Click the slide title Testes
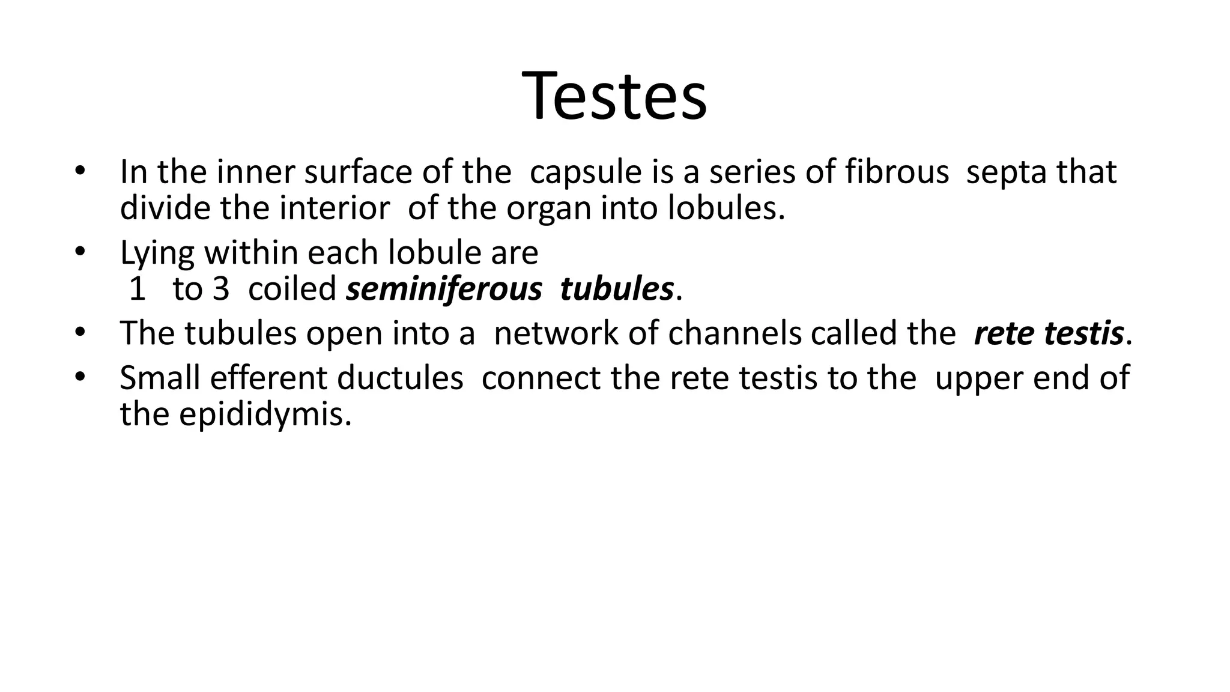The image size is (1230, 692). pos(614,97)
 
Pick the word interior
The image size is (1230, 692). pos(335,208)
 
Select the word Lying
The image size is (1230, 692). pos(157,253)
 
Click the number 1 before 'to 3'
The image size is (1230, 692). pos(138,290)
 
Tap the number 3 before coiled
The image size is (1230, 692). pos(220,290)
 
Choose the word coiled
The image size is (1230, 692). pos(292,289)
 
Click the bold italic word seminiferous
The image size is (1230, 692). pos(444,290)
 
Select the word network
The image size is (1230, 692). pos(555,333)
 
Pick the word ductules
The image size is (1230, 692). pos(400,378)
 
